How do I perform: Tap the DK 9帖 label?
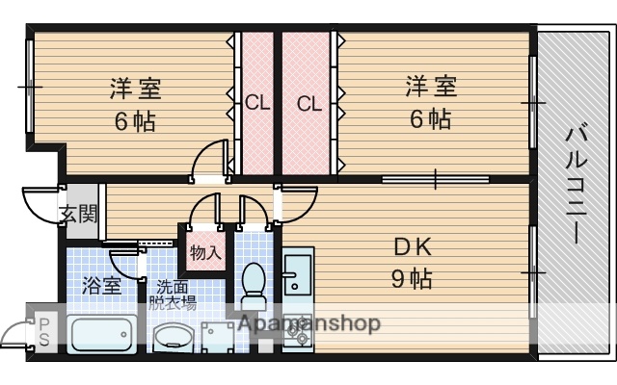(412, 263)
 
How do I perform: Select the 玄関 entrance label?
(78, 214)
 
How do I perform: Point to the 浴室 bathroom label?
(101, 286)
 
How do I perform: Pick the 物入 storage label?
(204, 254)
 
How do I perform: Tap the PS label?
(45, 331)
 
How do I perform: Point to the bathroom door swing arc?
(123, 262)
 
